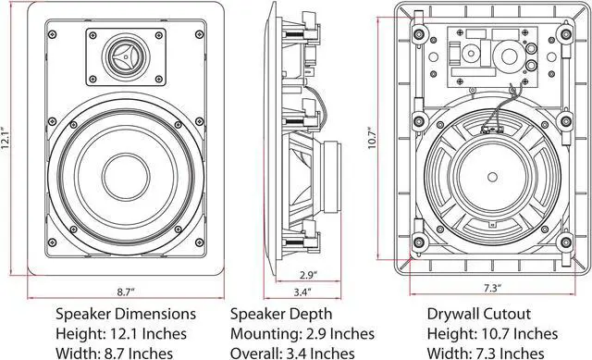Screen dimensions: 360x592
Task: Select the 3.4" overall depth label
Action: point(302,292)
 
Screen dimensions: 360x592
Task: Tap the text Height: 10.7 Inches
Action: point(494,332)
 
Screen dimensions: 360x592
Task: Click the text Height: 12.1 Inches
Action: point(121,332)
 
